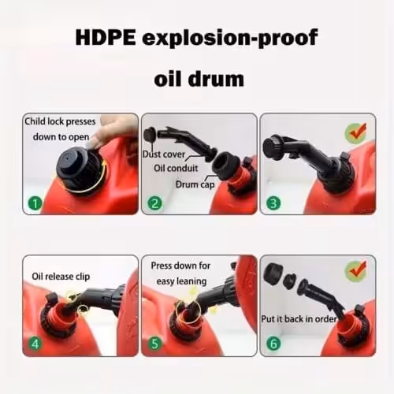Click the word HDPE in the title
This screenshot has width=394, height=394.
[106, 38]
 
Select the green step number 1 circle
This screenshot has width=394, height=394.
[35, 203]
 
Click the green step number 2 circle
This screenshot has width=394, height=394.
[154, 203]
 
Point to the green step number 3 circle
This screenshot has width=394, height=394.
[273, 203]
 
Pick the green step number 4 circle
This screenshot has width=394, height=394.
[35, 344]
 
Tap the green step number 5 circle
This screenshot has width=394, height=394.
[154, 344]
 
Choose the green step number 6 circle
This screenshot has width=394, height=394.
[273, 344]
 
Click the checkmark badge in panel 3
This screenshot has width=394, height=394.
[356, 133]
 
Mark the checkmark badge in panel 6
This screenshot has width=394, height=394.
[356, 271]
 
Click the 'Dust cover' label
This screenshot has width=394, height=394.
[164, 154]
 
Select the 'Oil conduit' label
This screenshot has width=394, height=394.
[176, 168]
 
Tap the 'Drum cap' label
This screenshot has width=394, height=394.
[195, 184]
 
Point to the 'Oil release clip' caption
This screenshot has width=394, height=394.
[61, 277]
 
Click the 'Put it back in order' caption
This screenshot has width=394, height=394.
[299, 319]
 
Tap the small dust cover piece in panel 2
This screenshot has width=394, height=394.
[150, 135]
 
